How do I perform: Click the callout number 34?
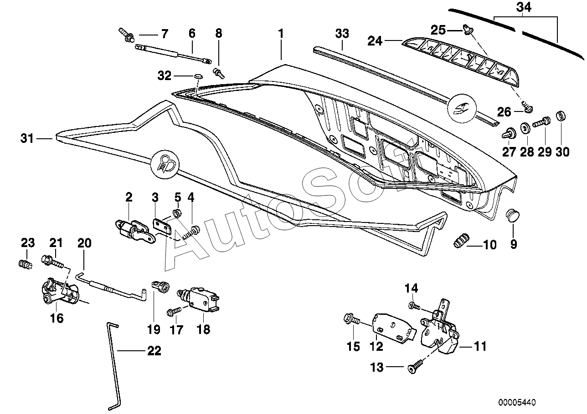(x=524, y=7)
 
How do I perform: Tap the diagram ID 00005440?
(x=517, y=402)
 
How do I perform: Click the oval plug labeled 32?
(x=198, y=76)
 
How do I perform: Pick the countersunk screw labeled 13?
(x=416, y=367)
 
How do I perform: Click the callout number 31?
(x=27, y=138)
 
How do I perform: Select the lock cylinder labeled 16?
(x=60, y=294)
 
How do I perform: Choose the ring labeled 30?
(x=561, y=116)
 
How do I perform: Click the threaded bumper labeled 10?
(x=462, y=241)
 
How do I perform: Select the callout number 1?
(x=281, y=34)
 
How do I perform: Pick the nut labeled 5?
(x=178, y=213)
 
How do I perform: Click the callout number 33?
(x=342, y=34)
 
